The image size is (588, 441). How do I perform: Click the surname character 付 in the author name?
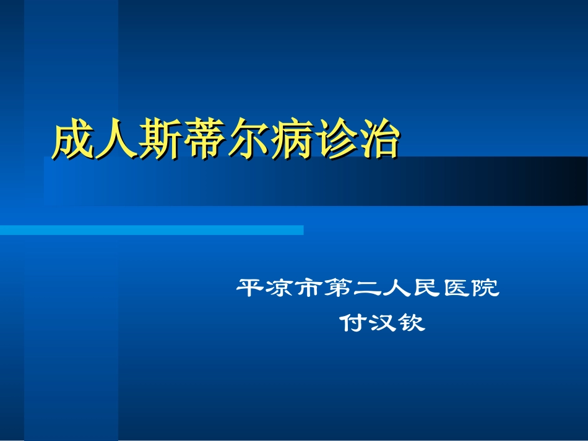point(353,323)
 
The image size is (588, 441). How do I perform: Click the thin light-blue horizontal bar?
point(152,230)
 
